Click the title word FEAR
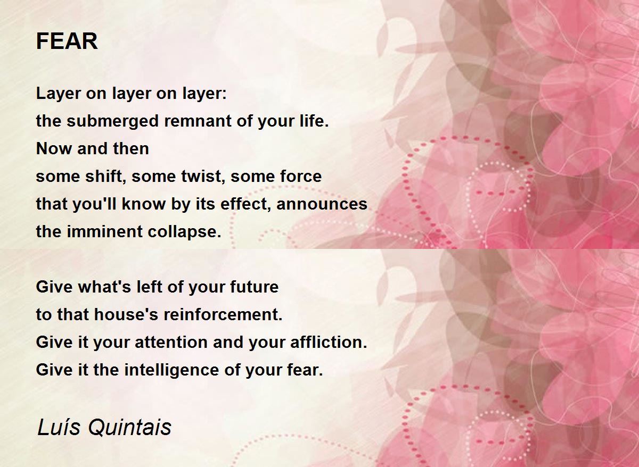click(67, 41)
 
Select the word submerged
click(113, 121)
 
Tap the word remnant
click(198, 121)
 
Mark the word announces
click(322, 205)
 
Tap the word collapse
click(184, 232)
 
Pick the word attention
click(171, 343)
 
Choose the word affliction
click(329, 342)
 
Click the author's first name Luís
click(59, 428)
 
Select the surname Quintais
click(129, 428)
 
